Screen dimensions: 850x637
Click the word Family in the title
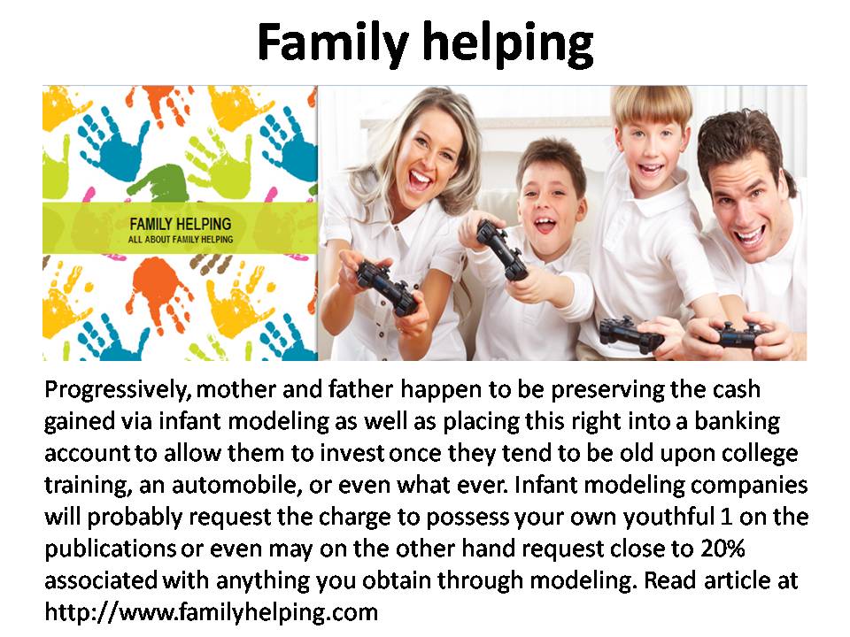pos(332,42)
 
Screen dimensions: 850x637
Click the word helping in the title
pos(508,44)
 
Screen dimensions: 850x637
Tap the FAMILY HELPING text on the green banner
pos(180,224)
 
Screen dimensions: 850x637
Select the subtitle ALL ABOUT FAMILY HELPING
pos(181,239)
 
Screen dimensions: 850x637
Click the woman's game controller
pos(387,287)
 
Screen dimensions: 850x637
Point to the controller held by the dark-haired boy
pos(501,249)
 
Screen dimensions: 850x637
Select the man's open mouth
pos(752,235)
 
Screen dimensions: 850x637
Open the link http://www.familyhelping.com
pos(211,612)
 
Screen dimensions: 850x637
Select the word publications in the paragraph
pos(111,549)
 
